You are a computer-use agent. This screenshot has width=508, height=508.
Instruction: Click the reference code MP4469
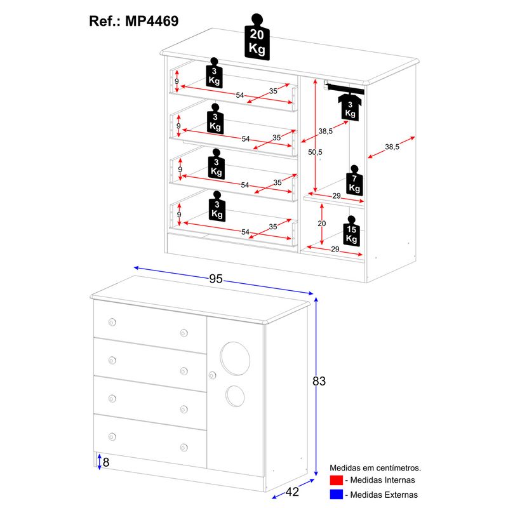click(x=150, y=20)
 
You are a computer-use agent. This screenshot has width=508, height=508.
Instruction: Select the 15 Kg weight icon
click(x=351, y=233)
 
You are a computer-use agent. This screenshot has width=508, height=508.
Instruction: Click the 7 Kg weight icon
click(x=354, y=182)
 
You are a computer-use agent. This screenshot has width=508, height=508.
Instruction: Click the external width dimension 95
click(x=218, y=277)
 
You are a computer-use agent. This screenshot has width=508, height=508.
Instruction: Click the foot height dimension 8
click(x=106, y=462)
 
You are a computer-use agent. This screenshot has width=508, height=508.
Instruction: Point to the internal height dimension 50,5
click(x=315, y=152)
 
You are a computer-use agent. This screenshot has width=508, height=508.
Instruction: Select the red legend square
click(x=337, y=480)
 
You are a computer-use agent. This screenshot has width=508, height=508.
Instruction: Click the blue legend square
click(x=337, y=494)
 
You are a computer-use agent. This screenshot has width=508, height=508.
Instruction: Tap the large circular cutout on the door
click(x=233, y=358)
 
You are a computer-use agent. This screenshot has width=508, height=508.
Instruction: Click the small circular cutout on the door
click(x=235, y=396)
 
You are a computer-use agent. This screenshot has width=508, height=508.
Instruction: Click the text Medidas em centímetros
click(x=375, y=467)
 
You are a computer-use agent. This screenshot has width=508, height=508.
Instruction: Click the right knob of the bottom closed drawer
click(x=184, y=447)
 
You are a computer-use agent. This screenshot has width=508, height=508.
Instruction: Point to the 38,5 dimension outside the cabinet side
click(x=392, y=147)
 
